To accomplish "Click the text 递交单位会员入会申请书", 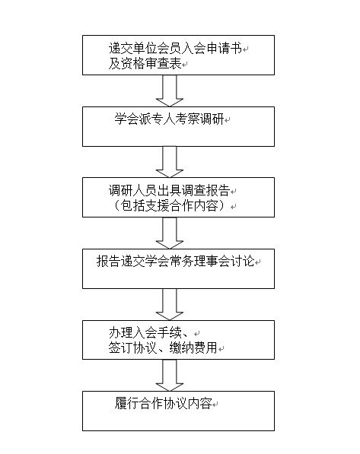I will click(174, 48).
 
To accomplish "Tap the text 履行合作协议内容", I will click(163, 402).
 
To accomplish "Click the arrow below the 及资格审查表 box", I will click(170, 90).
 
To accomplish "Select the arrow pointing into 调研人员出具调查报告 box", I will click(170, 161).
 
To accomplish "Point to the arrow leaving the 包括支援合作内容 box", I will click(170, 232).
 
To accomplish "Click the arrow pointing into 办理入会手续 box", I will click(170, 304).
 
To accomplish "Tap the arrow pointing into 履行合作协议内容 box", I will click(170, 374).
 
